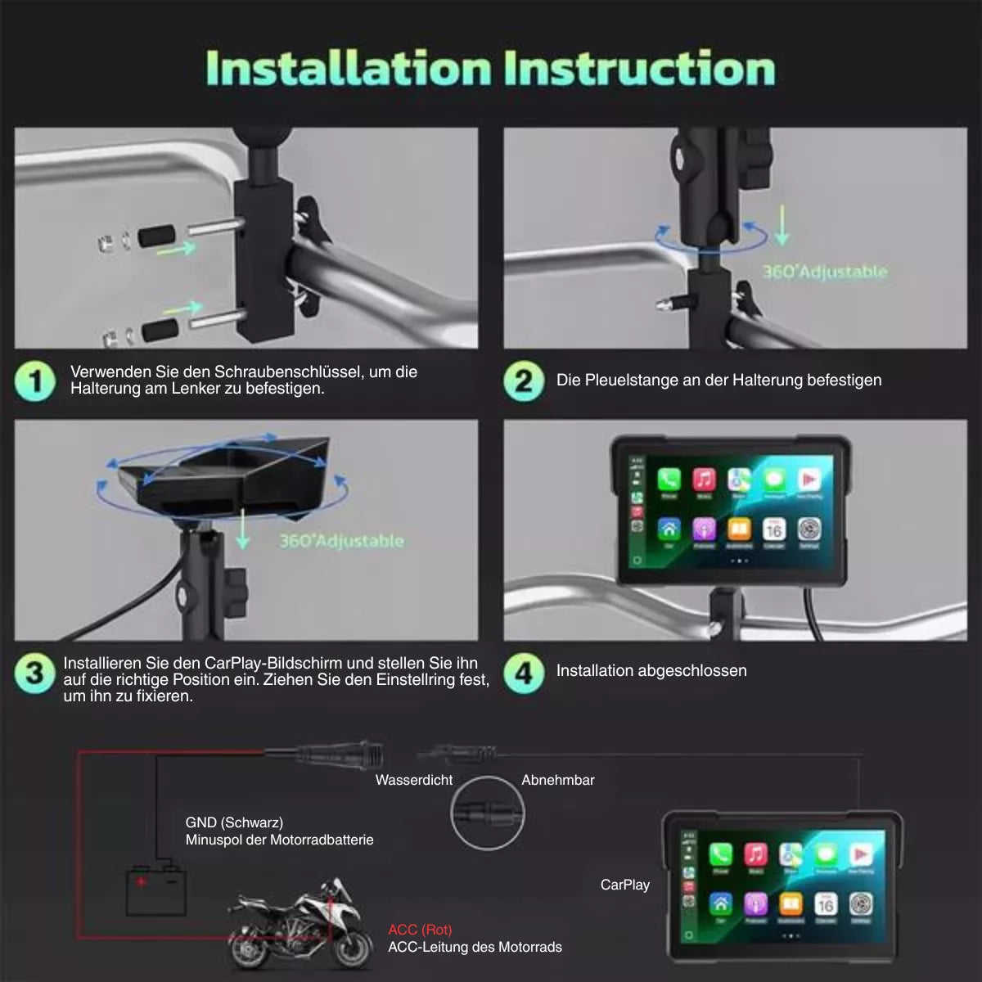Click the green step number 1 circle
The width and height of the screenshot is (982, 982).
click(x=35, y=381)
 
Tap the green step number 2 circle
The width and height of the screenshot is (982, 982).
click(x=524, y=381)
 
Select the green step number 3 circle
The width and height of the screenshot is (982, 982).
click(x=34, y=673)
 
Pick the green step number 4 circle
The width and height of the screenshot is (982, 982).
click(x=524, y=673)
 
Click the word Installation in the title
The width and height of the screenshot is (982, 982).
click(x=347, y=68)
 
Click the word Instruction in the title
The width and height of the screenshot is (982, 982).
click(x=639, y=68)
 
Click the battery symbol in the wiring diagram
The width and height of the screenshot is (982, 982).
click(x=155, y=890)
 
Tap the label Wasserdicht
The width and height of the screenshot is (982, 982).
click(x=413, y=781)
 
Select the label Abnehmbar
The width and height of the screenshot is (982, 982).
click(x=557, y=781)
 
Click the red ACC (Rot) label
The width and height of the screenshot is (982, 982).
click(x=420, y=930)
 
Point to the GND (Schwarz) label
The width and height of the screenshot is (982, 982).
click(x=234, y=822)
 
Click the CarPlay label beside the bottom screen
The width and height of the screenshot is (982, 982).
click(x=624, y=885)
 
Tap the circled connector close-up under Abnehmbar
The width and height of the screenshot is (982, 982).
click(x=487, y=813)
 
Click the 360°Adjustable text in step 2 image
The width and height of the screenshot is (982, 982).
click(x=824, y=271)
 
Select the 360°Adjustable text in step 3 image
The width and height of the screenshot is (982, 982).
click(x=341, y=541)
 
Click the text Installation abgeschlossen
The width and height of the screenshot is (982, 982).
click(x=651, y=671)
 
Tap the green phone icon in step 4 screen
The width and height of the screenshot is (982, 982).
click(x=669, y=480)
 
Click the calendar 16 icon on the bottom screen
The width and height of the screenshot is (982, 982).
click(x=825, y=903)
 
